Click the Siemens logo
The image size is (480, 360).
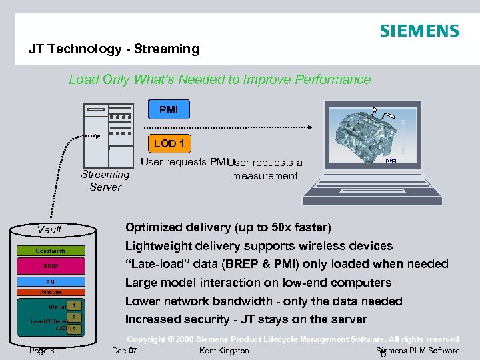(419, 31)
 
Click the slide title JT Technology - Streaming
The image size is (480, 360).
(113, 49)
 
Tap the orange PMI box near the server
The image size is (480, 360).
(169, 109)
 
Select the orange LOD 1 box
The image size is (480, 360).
(169, 143)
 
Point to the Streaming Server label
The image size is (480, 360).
(105, 181)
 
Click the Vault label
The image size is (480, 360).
(49, 230)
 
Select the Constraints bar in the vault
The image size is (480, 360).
(51, 251)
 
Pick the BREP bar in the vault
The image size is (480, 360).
(51, 266)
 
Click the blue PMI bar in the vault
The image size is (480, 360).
(51, 282)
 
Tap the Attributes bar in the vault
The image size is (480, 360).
(51, 293)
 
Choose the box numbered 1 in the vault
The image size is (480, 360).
(76, 305)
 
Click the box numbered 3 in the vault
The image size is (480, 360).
(76, 329)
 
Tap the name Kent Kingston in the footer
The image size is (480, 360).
(224, 351)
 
